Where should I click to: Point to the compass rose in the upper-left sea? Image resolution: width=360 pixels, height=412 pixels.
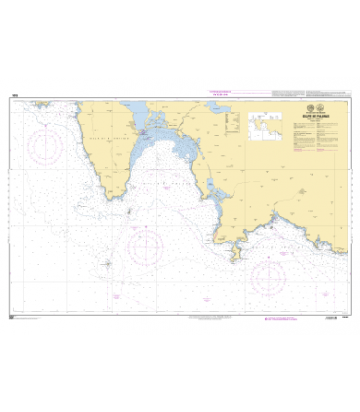point(44,148)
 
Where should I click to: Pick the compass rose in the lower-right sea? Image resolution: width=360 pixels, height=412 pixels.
point(270,279)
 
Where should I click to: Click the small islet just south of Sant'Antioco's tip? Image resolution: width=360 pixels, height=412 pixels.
point(131,207)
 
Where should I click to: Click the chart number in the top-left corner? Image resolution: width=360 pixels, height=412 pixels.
point(13,94)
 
